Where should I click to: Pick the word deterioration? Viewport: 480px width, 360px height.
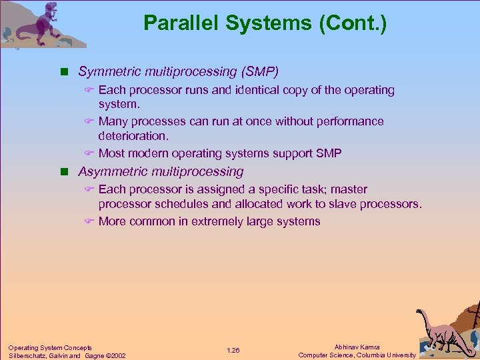133,136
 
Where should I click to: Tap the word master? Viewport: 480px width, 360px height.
349,189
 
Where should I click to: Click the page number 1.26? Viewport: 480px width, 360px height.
233,351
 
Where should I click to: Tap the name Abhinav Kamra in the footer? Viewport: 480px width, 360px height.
357,347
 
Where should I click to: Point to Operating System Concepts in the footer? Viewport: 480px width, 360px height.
50,347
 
